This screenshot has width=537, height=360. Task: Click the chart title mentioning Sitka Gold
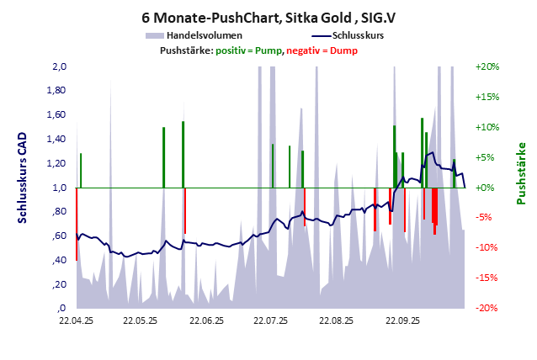click(268, 16)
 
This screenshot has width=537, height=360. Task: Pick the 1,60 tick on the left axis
click(56, 115)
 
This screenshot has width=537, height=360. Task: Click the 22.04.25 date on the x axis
click(76, 320)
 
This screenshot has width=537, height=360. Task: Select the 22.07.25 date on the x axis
click(271, 320)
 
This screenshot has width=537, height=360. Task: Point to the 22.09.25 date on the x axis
click(401, 320)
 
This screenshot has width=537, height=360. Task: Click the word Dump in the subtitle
click(343, 51)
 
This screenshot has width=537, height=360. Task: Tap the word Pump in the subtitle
click(269, 51)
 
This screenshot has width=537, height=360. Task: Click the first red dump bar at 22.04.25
click(77, 224)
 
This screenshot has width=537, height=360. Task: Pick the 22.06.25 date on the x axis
click(206, 320)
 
